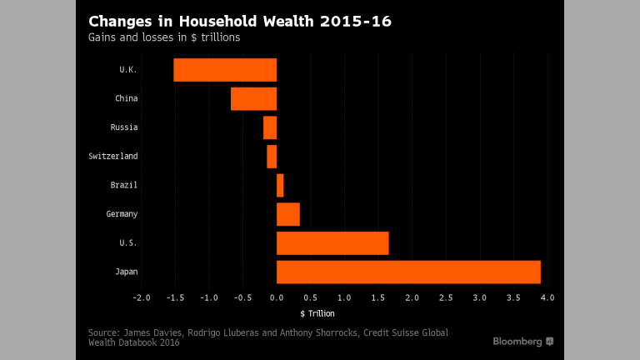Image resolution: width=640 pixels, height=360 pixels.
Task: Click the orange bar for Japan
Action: [408, 272]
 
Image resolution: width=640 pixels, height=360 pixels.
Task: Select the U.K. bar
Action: [225, 70]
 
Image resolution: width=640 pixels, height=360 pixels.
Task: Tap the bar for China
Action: [253, 98]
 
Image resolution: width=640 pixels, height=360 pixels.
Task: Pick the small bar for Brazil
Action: [280, 185]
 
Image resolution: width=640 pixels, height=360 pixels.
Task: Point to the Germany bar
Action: [288, 214]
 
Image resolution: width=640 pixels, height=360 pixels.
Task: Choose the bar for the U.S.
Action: [332, 242]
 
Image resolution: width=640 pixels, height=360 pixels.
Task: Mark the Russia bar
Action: [270, 127]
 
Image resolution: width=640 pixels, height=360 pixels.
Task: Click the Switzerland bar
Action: [272, 156]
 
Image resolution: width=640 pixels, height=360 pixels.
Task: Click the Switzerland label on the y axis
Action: [113, 156]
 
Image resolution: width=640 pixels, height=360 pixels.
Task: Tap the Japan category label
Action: [127, 272]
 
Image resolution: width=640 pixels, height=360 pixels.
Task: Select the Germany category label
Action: [122, 214]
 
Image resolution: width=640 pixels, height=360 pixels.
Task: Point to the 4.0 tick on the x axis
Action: [547, 297]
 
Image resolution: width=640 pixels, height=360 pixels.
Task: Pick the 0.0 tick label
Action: [277, 297]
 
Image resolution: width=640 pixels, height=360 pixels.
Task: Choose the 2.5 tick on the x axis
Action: [446, 297]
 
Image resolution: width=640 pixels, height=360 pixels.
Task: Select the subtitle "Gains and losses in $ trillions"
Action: [164, 37]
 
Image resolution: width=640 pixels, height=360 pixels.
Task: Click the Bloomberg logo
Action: [522, 342]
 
